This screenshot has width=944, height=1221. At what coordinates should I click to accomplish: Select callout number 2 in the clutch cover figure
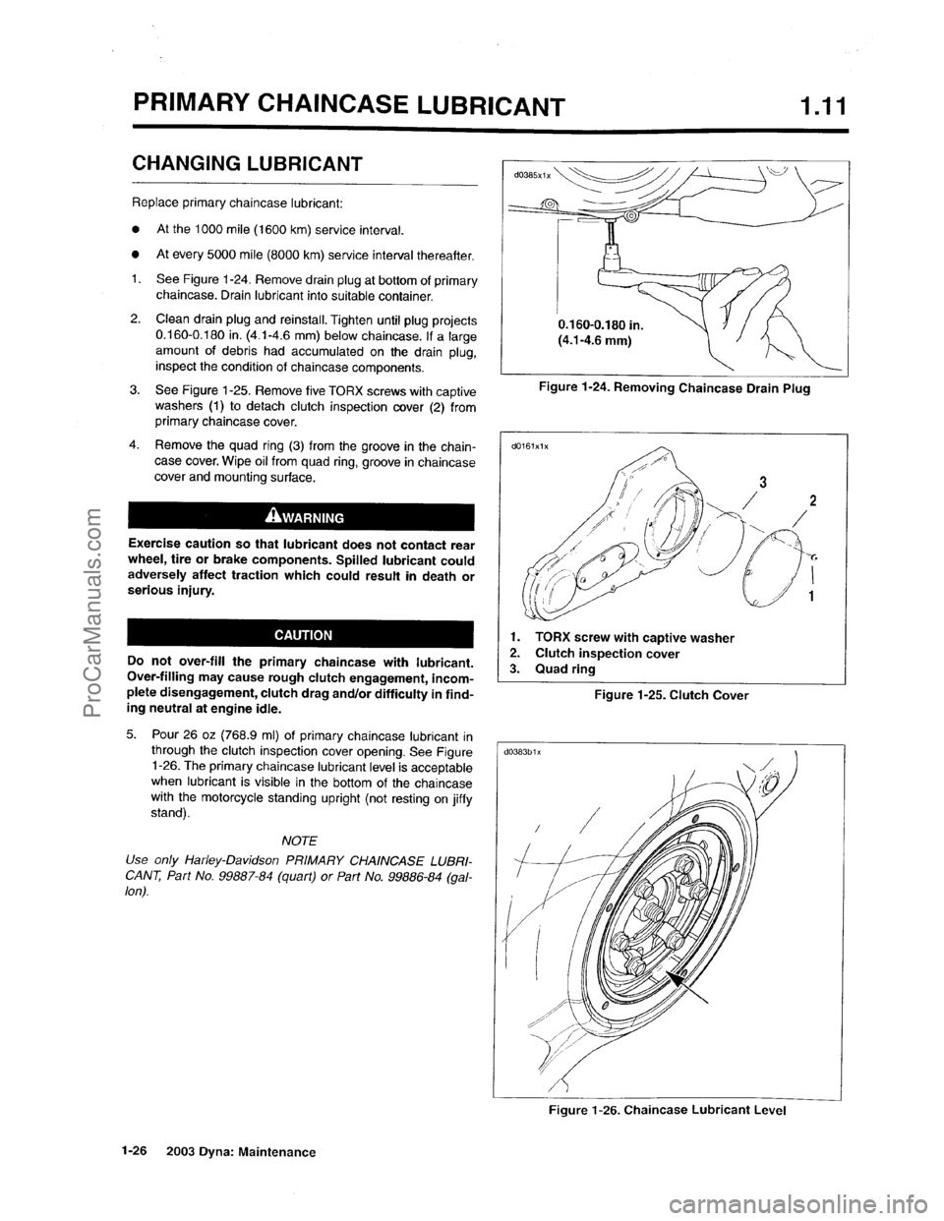click(811, 499)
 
